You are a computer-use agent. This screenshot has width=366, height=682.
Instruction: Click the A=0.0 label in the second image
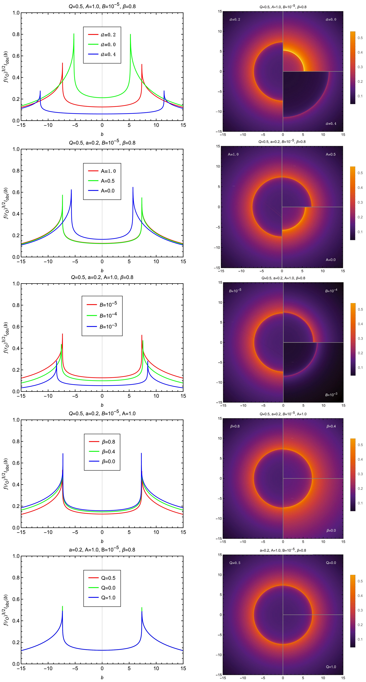click(x=331, y=260)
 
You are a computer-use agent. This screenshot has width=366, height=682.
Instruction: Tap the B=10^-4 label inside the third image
click(x=331, y=291)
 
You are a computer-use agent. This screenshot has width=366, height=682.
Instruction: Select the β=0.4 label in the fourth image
click(x=331, y=426)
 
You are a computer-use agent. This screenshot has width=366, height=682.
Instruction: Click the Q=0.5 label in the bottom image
click(x=235, y=563)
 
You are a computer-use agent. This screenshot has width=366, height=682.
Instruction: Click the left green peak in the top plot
click(x=74, y=34)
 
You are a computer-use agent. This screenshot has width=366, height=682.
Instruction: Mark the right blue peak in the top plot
click(x=164, y=91)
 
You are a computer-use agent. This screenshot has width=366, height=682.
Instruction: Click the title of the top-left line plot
click(x=102, y=6)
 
